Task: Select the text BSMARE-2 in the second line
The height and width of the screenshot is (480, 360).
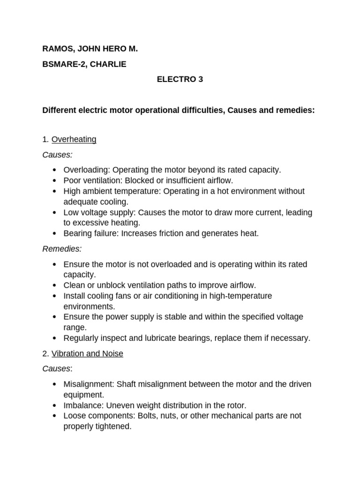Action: coord(61,64)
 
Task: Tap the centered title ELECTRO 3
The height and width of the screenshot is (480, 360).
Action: coord(180,79)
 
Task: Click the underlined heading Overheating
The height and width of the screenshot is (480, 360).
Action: coord(74,139)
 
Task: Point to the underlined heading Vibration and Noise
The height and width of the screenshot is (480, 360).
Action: coord(87,354)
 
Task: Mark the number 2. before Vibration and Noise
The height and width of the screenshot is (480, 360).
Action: coord(45,354)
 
